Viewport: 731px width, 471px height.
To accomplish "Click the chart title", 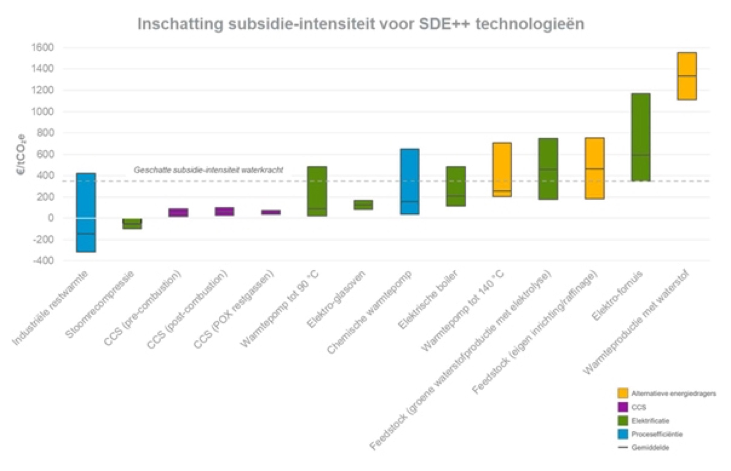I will coord(361,24).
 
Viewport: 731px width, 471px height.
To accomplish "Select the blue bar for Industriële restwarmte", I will coord(86,212).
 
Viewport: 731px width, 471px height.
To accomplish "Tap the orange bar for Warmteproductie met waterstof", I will coord(687,76).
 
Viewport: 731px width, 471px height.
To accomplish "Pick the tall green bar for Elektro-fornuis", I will coord(641,137).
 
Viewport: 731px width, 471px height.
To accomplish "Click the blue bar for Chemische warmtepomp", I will coord(409,181).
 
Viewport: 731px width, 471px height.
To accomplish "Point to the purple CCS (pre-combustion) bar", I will coord(178,212).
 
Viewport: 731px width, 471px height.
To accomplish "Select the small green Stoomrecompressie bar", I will coord(132,224).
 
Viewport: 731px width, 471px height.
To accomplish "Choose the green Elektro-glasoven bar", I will coord(363,205).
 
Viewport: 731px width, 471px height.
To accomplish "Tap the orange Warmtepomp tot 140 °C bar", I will coord(502,170).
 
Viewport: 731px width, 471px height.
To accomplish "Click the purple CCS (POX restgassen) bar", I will coord(271,212).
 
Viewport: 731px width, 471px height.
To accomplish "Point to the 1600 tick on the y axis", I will coord(42,48).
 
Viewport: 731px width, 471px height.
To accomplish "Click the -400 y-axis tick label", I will coord(43,261).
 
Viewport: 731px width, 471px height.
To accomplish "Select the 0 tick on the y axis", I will coord(49,218).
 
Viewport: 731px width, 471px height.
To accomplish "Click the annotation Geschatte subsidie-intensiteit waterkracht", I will coord(208,170).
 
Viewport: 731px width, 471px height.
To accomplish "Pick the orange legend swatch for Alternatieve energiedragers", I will coord(622,393).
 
